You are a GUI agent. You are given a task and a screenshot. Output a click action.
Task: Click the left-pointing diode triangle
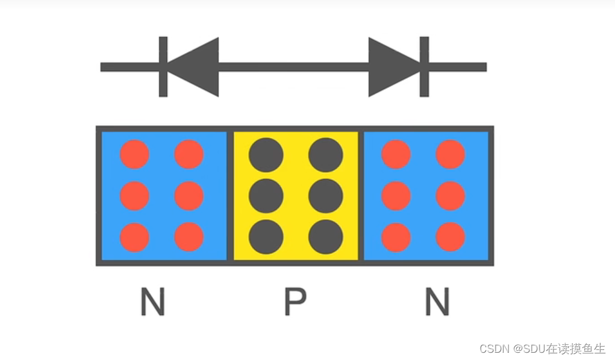196,67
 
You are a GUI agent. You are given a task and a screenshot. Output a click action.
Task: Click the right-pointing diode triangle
392,67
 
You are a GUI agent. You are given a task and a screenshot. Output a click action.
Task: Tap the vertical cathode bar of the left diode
163,67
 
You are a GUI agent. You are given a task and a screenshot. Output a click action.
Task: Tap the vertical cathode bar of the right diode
424,67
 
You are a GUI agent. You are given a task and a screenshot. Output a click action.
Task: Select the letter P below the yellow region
295,302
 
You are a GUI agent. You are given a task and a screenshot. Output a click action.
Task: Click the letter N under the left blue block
152,302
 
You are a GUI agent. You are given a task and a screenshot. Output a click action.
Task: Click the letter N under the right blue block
437,302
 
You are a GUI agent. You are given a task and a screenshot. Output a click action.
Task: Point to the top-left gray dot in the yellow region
266,155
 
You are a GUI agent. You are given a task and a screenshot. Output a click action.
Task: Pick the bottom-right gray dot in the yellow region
325,237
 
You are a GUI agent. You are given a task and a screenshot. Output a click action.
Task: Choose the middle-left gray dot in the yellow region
266,196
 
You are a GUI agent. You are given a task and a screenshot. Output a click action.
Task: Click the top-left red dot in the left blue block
134,155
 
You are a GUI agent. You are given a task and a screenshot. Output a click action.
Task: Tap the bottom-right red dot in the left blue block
189,237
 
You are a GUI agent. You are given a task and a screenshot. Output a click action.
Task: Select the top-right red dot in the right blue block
451,155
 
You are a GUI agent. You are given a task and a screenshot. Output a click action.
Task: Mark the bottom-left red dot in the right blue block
396,237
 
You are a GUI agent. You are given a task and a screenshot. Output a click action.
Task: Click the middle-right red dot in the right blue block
451,196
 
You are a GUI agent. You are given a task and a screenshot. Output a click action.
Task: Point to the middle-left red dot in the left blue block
134,196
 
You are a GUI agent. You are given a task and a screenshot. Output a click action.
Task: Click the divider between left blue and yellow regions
230,196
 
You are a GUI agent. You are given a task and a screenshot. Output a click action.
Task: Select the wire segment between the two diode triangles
293,67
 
